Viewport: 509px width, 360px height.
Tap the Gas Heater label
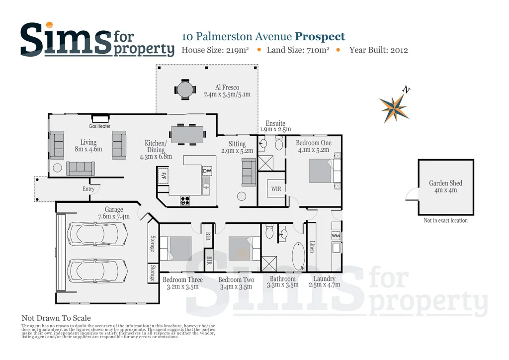click(100, 126)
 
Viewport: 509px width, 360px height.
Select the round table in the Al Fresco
click(184, 90)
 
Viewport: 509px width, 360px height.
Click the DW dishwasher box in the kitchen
click(207, 171)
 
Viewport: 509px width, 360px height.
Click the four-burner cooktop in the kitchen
click(185, 201)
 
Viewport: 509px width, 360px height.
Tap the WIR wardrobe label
click(275, 189)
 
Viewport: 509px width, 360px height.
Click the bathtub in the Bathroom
click(298, 256)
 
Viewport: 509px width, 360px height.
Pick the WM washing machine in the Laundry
click(336, 236)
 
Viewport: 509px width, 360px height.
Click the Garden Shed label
click(445, 186)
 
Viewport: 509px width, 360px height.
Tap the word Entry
click(88, 189)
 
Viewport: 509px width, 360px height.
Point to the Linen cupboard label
click(312, 247)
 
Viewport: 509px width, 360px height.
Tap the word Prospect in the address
click(320, 36)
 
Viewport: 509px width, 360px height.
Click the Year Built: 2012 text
click(378, 50)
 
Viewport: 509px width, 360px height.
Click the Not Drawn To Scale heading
click(56, 318)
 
